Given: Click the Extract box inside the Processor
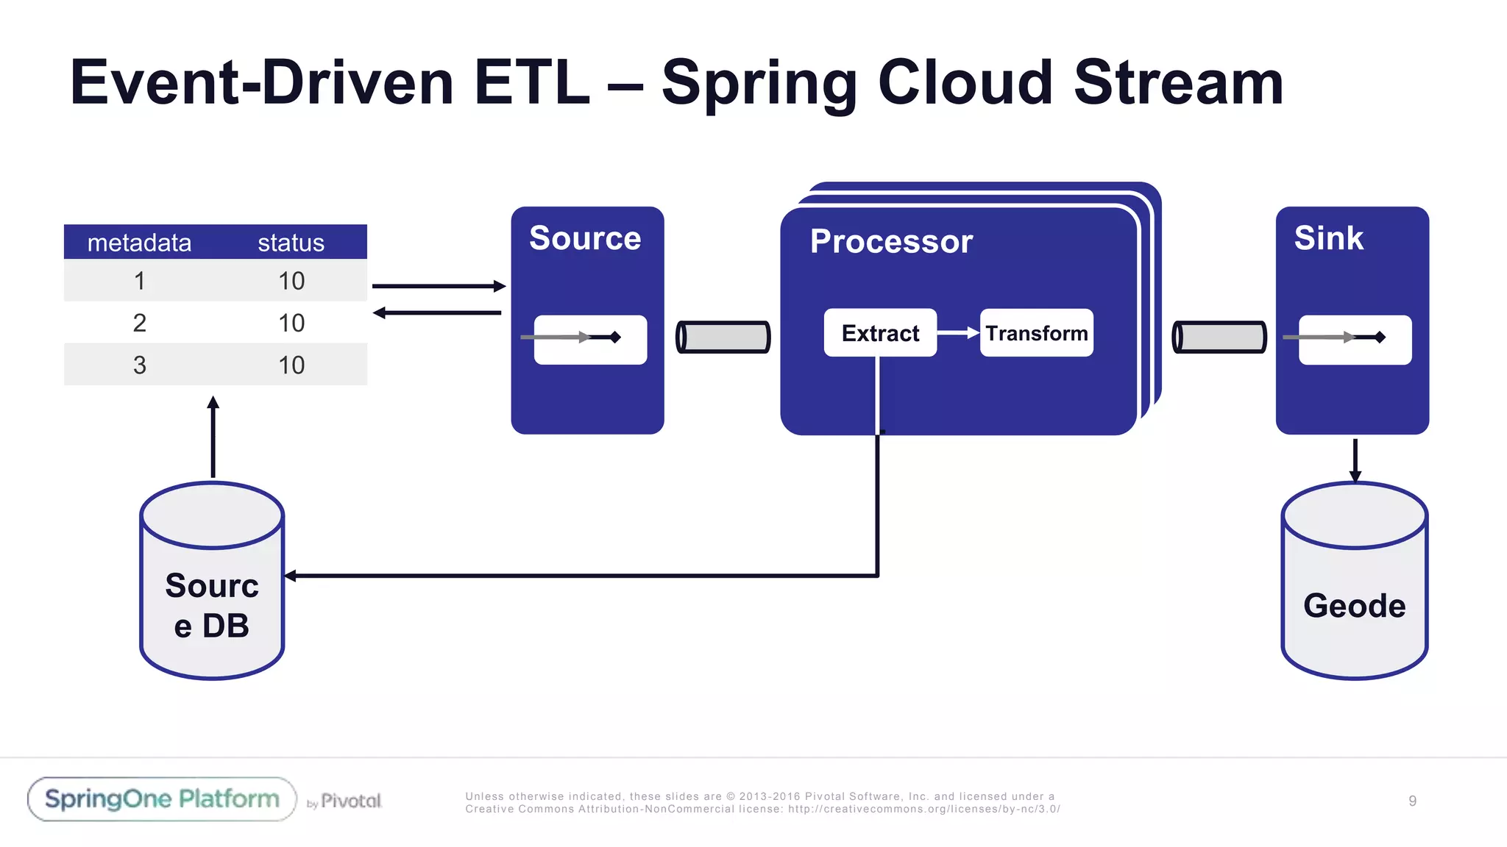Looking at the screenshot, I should pos(880,333).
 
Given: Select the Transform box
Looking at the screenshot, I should pos(1036,333).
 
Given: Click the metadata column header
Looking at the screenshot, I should pos(139,243).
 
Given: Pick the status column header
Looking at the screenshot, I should pos(291,243).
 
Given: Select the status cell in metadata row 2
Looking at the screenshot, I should pos(291,323).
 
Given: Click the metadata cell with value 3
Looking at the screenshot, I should pos(139,365).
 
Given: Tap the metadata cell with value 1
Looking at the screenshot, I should pos(139,281).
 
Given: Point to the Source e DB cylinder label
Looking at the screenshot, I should pos(212,605).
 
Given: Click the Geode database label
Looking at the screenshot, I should pos(1354,606).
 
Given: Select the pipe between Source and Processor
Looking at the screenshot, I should pos(723,337).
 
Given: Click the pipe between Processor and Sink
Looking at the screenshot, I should pos(1219,337).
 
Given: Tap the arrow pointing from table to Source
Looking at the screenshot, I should pos(439,286).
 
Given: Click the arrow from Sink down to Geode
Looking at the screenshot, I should pos(1355,459).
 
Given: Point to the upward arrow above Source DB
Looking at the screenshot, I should pos(213,437).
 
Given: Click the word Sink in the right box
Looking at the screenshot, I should pos(1328,238).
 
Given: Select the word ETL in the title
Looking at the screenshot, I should pos(531,82).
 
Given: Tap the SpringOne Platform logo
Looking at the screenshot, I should pos(162,799).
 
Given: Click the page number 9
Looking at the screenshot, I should pos(1412,801).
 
